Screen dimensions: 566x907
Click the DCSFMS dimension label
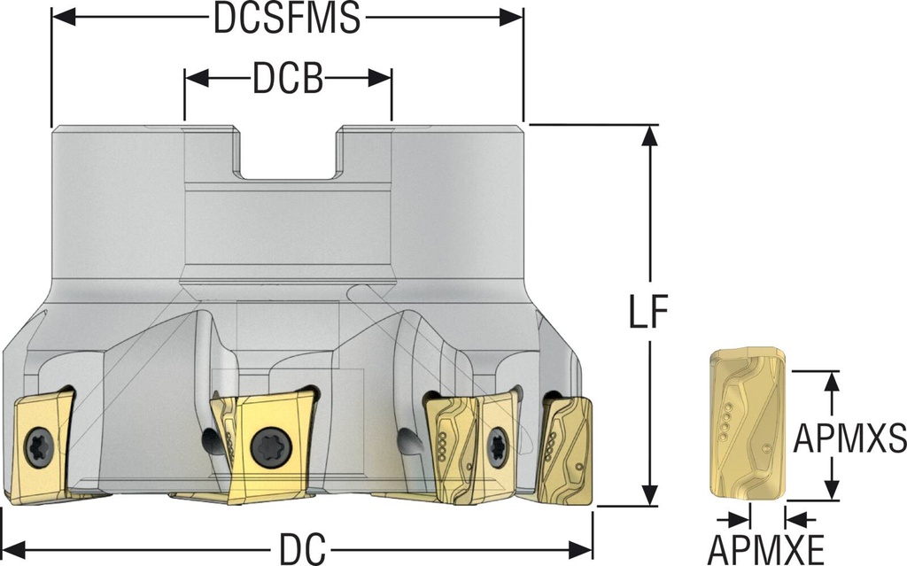tap(287, 19)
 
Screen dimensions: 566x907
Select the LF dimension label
tap(651, 315)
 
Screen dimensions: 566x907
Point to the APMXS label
tap(849, 436)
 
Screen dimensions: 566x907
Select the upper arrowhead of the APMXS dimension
tap(831, 379)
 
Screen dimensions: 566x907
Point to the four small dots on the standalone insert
tap(725, 421)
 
